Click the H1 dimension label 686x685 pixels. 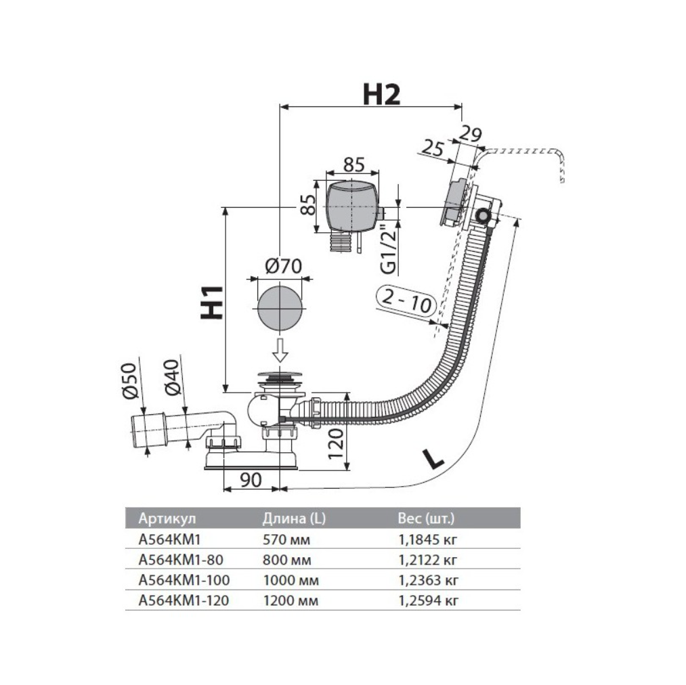[x=212, y=301]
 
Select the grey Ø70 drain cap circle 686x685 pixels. [x=278, y=307]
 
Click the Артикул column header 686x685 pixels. [x=167, y=519]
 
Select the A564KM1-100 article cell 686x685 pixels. [x=184, y=580]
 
